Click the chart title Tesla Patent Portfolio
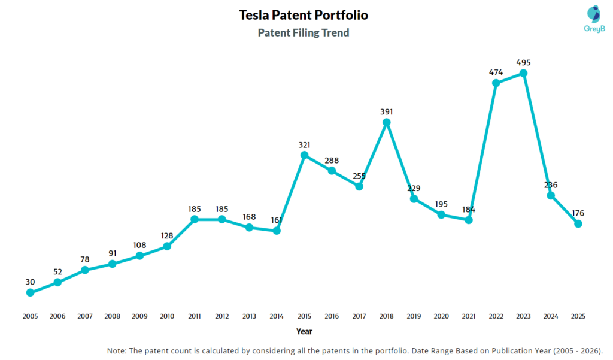(304, 14)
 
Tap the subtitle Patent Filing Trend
(304, 33)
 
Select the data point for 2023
(523, 73)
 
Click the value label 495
(523, 62)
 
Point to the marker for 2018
(387, 122)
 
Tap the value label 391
(387, 111)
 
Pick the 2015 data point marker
(304, 155)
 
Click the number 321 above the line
(304, 144)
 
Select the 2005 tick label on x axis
(30, 316)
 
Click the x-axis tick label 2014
(277, 316)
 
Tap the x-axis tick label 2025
(578, 316)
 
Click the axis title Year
(304, 331)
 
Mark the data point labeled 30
(30, 292)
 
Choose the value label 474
(496, 72)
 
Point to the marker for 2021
(469, 220)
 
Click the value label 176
(578, 213)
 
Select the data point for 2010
(167, 246)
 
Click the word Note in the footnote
(117, 350)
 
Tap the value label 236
(551, 184)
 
